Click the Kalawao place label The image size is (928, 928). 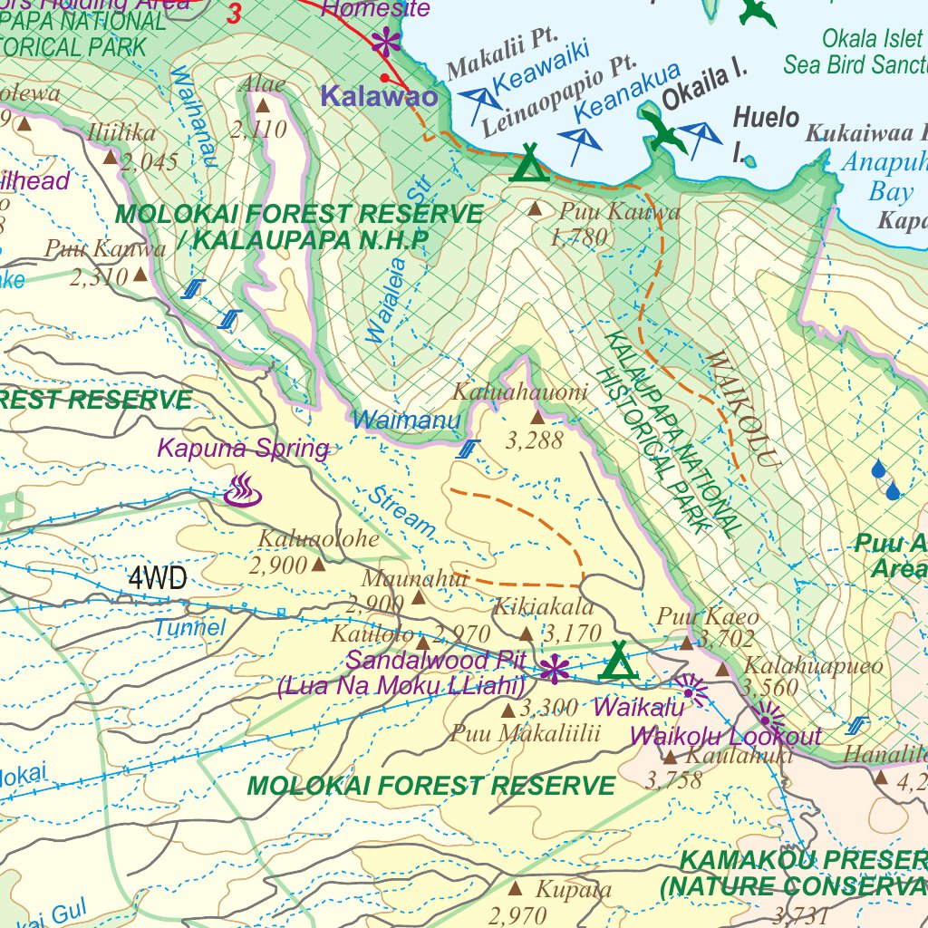click(x=380, y=97)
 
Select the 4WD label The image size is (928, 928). click(x=158, y=578)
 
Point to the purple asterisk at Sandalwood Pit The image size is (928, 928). click(x=553, y=671)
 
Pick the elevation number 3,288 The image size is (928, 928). click(x=535, y=440)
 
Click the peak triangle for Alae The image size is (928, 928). click(x=263, y=106)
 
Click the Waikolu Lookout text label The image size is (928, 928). click(x=725, y=736)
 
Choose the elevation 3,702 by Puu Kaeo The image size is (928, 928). click(x=728, y=640)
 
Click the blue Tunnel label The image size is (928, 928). click(x=189, y=627)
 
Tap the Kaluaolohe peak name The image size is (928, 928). click(x=318, y=538)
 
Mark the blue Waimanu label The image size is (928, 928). click(x=407, y=420)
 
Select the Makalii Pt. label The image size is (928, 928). click(x=500, y=65)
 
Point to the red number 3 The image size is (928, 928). click(x=235, y=14)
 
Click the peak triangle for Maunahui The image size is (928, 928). click(x=419, y=597)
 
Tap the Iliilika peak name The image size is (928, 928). click(x=122, y=133)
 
